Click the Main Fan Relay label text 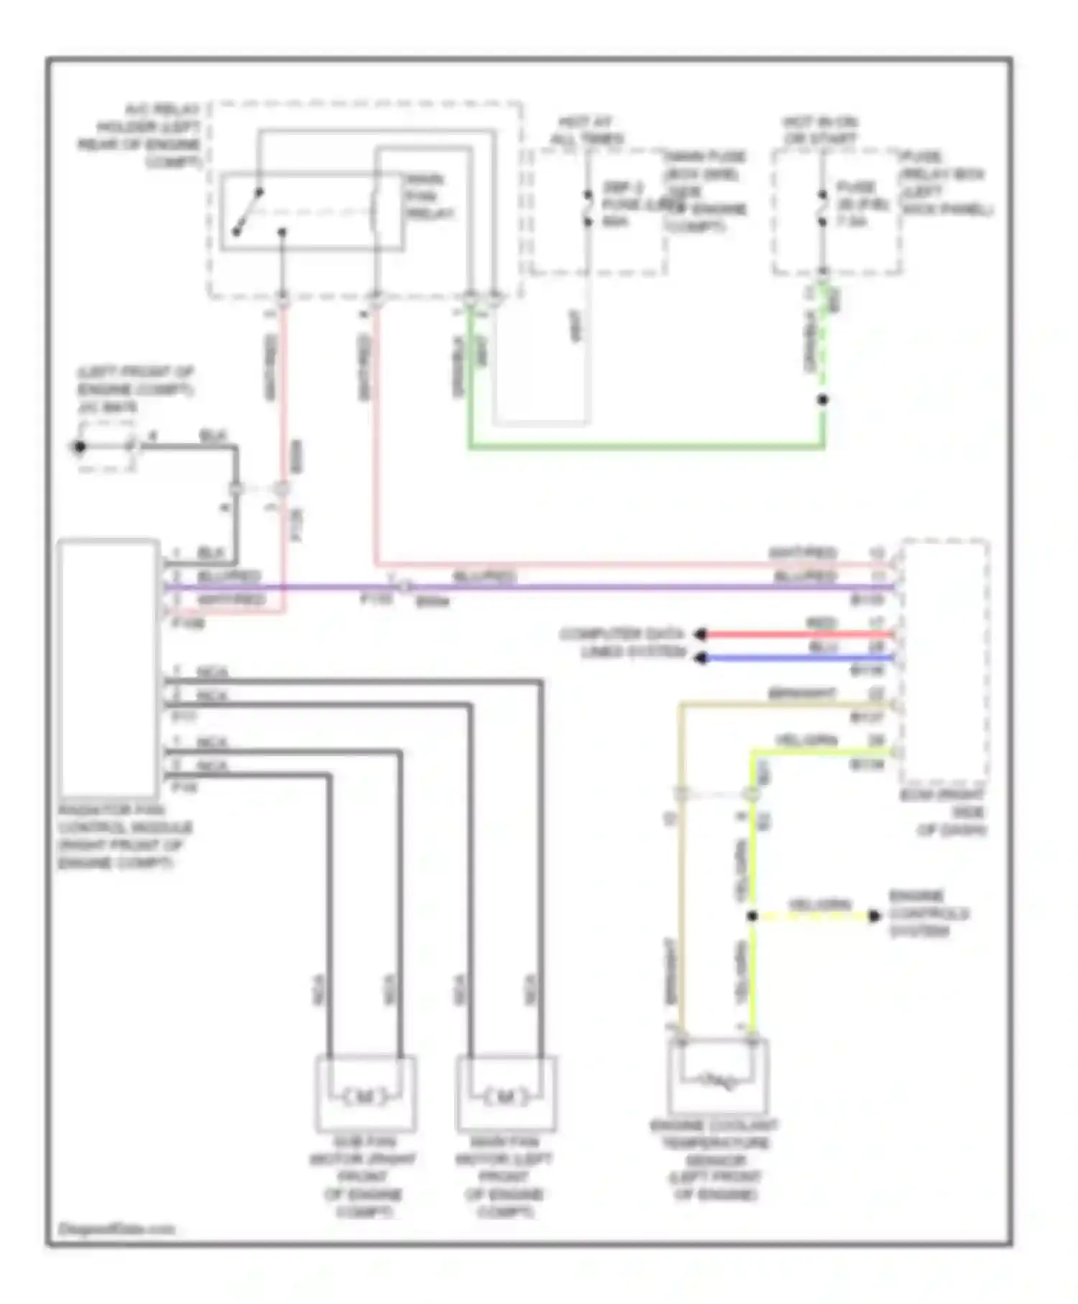pyautogui.click(x=430, y=196)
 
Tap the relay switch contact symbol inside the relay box pyautogui.click(x=249, y=213)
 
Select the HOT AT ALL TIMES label pyautogui.click(x=586, y=130)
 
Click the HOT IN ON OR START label pyautogui.click(x=820, y=130)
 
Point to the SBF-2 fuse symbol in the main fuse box pyautogui.click(x=587, y=208)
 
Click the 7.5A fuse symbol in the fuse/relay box pyautogui.click(x=822, y=208)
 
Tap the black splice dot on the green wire pyautogui.click(x=823, y=400)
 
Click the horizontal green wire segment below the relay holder pyautogui.click(x=647, y=447)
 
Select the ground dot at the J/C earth pyautogui.click(x=80, y=447)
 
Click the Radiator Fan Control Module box pyautogui.click(x=108, y=669)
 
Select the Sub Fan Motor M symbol pyautogui.click(x=364, y=1097)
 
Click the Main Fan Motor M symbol pyautogui.click(x=506, y=1097)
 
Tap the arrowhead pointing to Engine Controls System pyautogui.click(x=873, y=916)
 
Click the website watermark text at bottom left pyautogui.click(x=116, y=1229)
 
